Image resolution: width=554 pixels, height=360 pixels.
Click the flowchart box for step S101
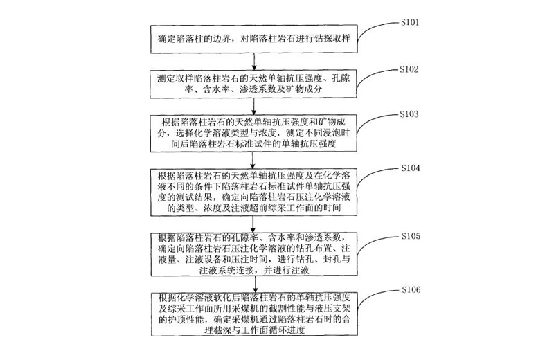(x=253, y=41)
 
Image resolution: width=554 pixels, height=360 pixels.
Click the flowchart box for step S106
(x=253, y=312)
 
